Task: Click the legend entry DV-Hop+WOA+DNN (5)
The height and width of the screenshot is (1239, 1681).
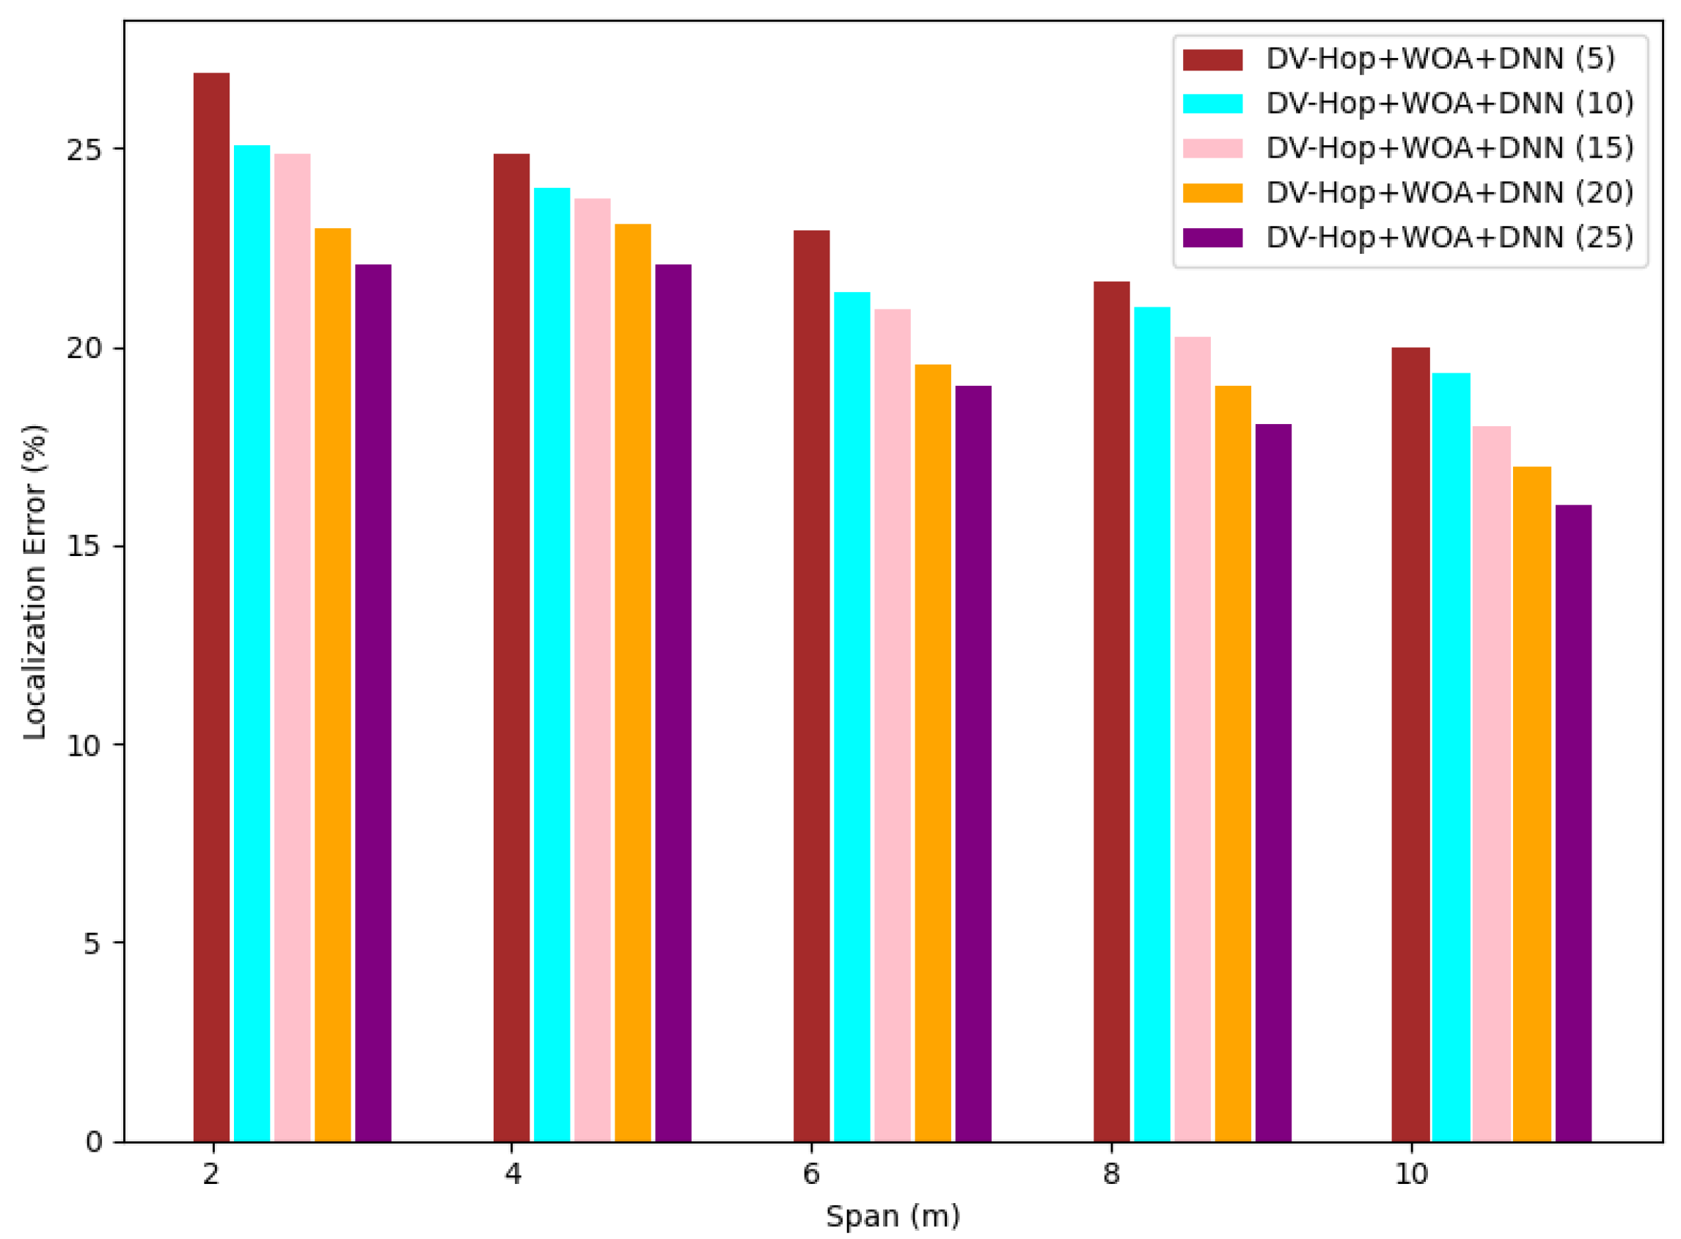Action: coord(1440,59)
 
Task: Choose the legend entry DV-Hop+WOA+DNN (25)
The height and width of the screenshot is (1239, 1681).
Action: coord(1449,238)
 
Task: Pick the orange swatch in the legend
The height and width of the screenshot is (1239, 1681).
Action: coord(1212,193)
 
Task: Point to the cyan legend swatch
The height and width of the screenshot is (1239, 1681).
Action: coord(1212,103)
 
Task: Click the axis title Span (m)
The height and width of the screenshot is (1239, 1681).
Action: coord(893,1216)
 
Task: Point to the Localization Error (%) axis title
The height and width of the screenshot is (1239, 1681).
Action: coord(34,582)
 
